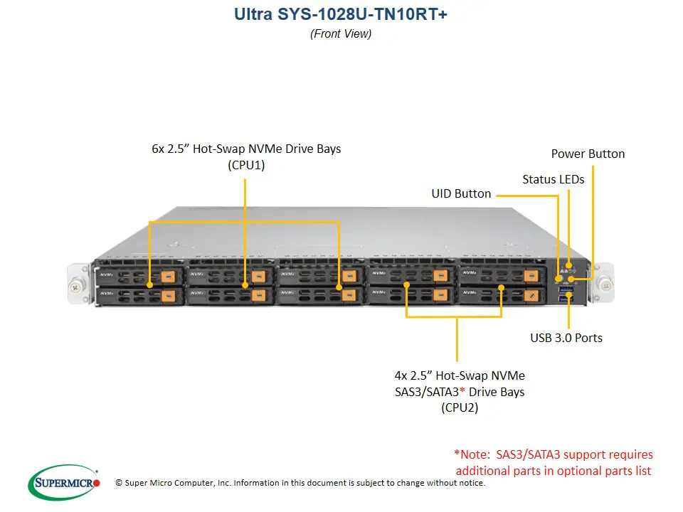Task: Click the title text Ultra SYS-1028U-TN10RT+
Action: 341,14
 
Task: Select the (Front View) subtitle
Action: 341,33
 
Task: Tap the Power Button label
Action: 588,154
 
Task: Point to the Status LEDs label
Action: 553,179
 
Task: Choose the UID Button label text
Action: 461,193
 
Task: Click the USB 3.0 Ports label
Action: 566,338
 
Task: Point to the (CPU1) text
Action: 246,166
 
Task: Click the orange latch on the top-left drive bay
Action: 169,276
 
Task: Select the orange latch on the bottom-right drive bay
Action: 531,294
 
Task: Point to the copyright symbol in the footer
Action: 119,483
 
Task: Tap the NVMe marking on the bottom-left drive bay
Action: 106,292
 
